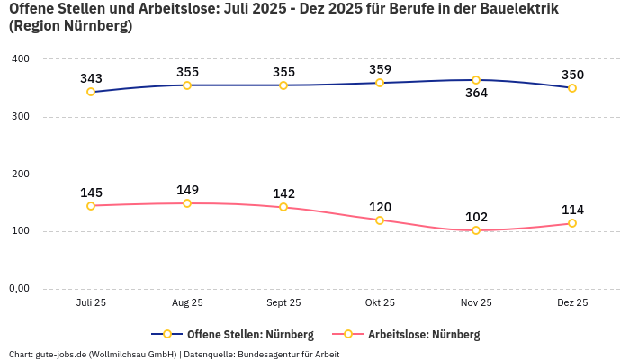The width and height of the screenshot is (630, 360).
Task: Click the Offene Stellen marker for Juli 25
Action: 91,92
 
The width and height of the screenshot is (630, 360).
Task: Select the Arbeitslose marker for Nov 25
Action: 476,230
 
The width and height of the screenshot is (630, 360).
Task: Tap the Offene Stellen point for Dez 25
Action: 572,88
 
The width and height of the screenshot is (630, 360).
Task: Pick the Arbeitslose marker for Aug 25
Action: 187,203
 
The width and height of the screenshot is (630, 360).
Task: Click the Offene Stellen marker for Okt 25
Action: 380,83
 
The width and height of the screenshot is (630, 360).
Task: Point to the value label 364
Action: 476,94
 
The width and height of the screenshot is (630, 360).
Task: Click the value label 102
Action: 476,217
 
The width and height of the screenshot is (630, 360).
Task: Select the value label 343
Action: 91,78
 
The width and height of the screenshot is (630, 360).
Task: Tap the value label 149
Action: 187,190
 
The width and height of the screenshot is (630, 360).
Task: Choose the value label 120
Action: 380,207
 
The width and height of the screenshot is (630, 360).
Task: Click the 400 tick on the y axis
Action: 20,58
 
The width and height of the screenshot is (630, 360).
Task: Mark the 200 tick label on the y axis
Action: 20,174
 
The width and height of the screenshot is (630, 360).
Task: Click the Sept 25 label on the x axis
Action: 283,303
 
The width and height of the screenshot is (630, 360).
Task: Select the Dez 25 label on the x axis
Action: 572,303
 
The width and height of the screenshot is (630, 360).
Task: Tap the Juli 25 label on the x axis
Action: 91,303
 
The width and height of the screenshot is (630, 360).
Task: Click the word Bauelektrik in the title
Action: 513,9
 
